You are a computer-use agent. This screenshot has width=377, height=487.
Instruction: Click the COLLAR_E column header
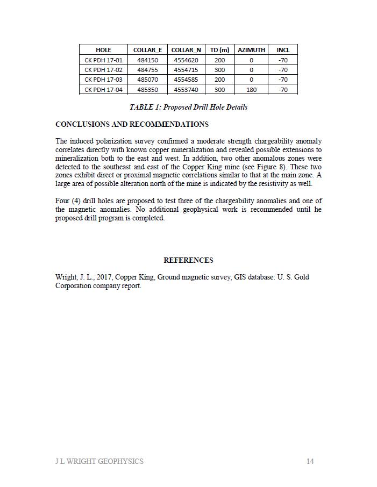[x=147, y=50]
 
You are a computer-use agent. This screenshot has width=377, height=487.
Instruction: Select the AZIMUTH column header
[x=251, y=50]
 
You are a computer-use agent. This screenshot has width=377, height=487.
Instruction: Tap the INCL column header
[x=283, y=50]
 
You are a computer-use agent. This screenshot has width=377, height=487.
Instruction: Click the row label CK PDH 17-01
[x=103, y=60]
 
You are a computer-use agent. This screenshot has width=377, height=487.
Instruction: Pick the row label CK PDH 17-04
[x=103, y=90]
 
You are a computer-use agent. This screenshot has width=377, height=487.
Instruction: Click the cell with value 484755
[x=147, y=70]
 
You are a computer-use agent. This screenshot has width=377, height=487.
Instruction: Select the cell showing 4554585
[x=186, y=80]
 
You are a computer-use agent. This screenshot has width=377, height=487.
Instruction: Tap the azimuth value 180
[x=251, y=90]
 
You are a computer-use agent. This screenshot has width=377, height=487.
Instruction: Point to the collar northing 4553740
[x=186, y=90]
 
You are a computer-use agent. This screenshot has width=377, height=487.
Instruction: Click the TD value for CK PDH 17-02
[x=219, y=70]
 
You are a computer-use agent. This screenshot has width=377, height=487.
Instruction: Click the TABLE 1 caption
[x=188, y=107]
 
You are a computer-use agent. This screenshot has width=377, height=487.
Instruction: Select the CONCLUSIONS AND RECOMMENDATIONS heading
[x=132, y=124]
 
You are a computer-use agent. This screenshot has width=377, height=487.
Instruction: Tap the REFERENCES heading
[x=188, y=260]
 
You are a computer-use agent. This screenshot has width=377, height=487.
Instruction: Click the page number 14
[x=310, y=461]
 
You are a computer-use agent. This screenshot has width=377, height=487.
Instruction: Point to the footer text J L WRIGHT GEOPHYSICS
[x=99, y=461]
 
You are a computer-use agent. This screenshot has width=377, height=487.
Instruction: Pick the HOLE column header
[x=103, y=50]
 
